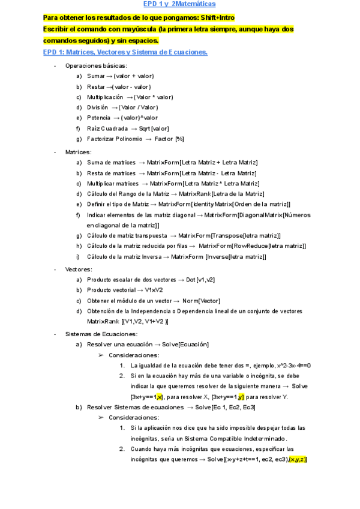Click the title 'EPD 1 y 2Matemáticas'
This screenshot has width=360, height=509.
(179, 4)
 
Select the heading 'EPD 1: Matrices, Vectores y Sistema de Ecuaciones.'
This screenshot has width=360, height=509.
(125, 52)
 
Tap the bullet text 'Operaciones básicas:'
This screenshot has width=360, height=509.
(96, 65)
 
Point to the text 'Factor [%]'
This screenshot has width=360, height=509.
(169, 139)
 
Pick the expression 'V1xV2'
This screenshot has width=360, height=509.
(155, 290)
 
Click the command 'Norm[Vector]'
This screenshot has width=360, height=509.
(201, 301)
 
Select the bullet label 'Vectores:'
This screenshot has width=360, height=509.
(79, 269)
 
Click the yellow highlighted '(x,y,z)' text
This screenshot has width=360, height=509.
(298, 459)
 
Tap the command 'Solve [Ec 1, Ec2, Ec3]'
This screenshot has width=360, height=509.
(225, 407)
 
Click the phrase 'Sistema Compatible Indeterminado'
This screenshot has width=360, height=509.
(227, 438)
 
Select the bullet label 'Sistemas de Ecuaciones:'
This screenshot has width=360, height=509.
(98, 334)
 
